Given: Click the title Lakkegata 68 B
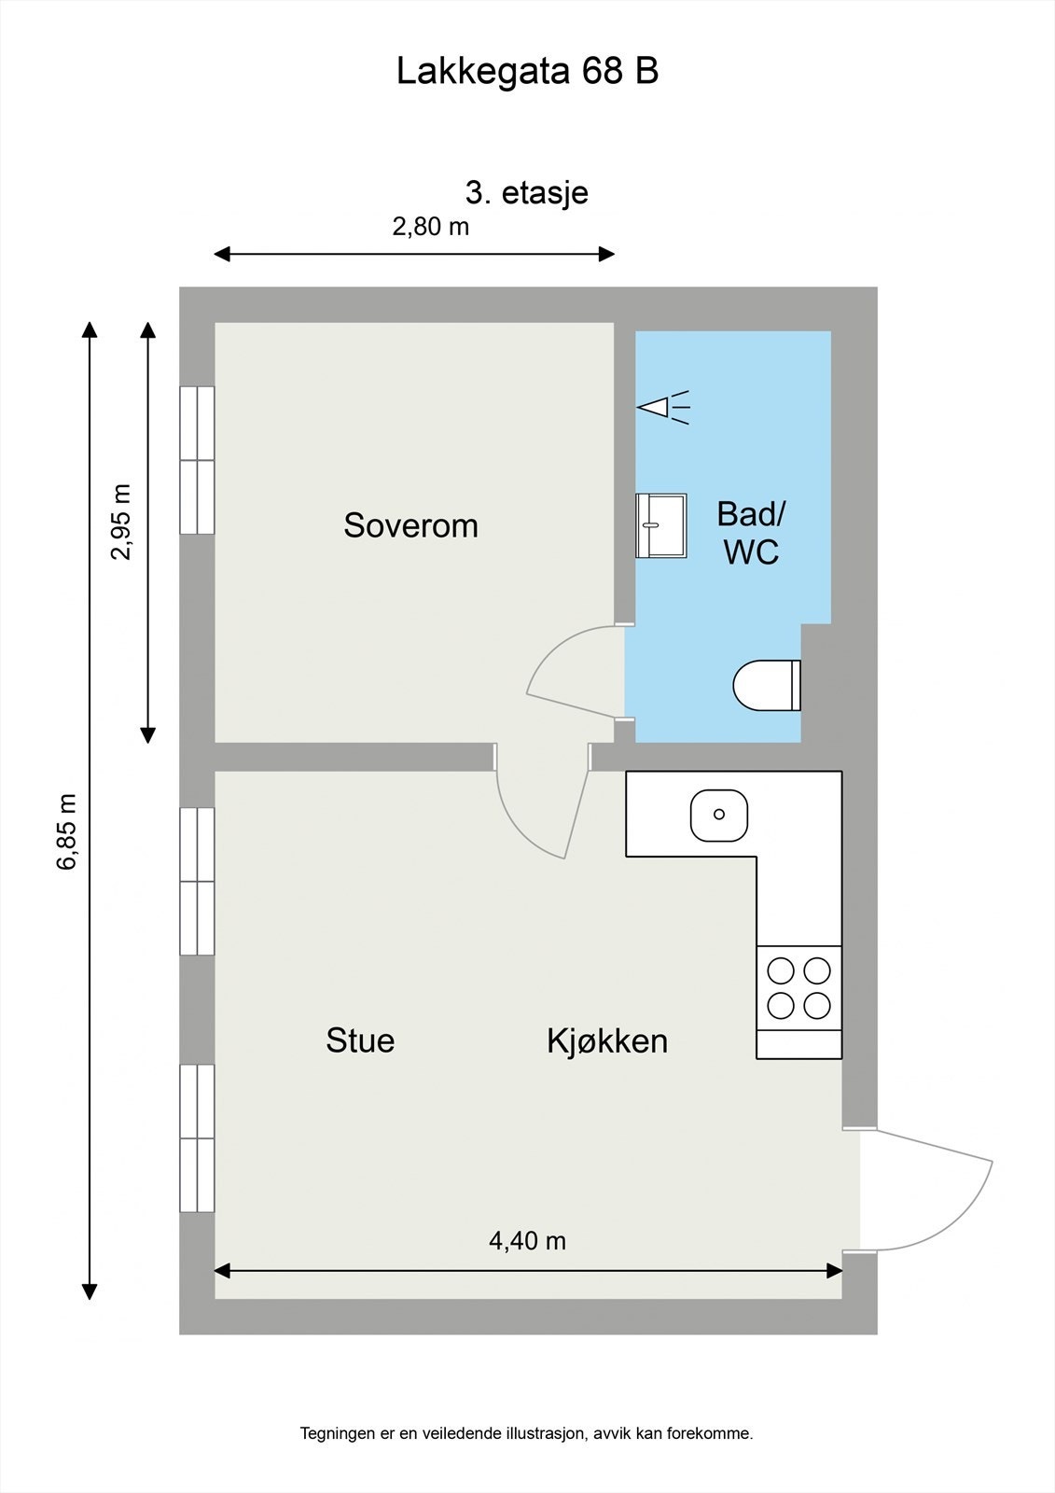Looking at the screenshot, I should pos(527,72).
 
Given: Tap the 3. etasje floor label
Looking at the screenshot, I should pos(527,193).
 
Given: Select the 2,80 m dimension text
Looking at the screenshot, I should pos(430,227).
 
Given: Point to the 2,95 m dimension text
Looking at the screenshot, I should pos(121,523).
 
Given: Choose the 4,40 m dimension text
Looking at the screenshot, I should pos(527,1241).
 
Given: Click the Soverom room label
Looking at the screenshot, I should pos(410,525).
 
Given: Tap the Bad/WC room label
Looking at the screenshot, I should pos(751,533).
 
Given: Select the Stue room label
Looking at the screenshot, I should pos(360,1040).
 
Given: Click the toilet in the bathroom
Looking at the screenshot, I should pos(767,686).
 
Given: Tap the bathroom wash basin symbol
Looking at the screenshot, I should pos(660,525).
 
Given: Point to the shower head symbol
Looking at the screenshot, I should pos(662,407).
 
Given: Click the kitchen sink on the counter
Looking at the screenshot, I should pos(718,815).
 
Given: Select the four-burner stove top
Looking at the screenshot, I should pos(798,988).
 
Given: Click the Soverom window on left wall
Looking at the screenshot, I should pos(197,460).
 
